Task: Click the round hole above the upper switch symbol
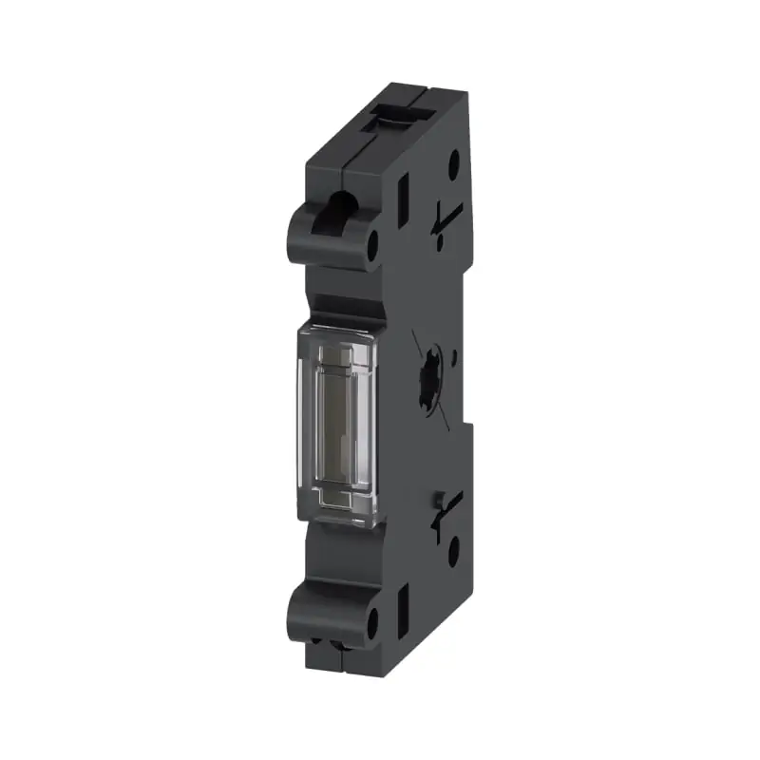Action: [454, 160]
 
